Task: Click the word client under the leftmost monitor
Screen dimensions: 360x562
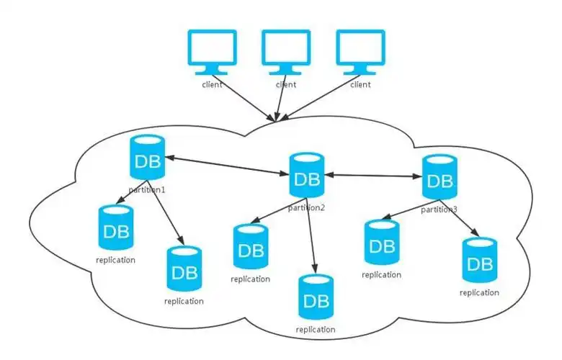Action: [x=212, y=85]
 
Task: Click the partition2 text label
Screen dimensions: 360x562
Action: [x=307, y=208]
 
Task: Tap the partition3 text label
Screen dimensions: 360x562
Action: [x=440, y=210]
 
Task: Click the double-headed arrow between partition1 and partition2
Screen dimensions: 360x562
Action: [x=227, y=163]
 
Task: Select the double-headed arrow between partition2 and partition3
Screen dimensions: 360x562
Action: [x=373, y=175]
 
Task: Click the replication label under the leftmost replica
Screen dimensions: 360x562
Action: [x=115, y=260]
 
